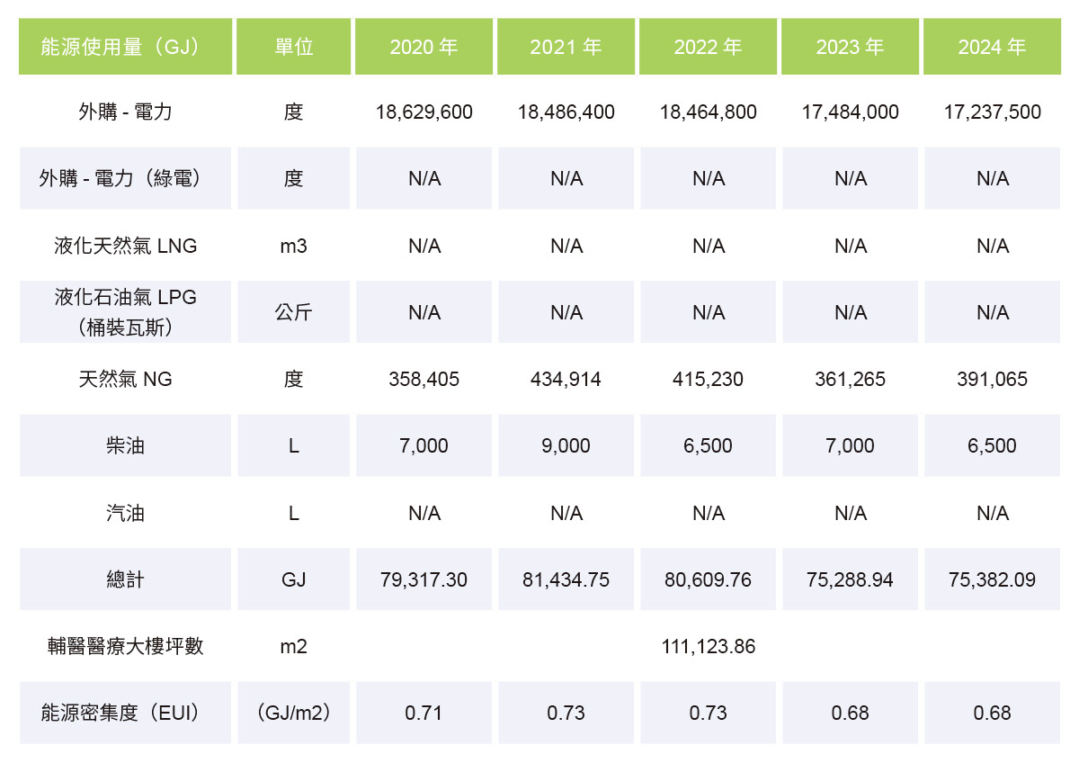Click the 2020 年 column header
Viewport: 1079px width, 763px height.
point(424,47)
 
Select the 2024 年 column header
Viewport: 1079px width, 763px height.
point(992,47)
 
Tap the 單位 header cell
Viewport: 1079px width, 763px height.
point(294,47)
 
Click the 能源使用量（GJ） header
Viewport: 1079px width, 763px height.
point(125,47)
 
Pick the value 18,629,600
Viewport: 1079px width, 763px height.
point(424,112)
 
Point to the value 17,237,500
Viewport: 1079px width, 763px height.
point(992,112)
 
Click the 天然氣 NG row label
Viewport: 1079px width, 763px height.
point(125,380)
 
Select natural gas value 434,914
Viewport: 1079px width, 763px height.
point(566,380)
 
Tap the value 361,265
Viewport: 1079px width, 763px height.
point(850,380)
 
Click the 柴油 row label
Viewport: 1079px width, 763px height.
point(125,446)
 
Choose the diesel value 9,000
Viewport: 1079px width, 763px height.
point(566,446)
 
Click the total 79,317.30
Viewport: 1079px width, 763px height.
point(424,580)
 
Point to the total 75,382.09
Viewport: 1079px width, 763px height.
point(992,580)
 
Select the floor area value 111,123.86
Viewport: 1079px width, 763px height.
point(708,647)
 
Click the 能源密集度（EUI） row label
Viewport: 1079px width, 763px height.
point(125,714)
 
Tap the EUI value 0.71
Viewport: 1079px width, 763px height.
point(424,714)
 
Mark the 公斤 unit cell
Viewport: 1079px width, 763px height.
point(294,313)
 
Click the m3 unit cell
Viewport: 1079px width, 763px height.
point(294,246)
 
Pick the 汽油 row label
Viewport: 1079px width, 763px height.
point(125,514)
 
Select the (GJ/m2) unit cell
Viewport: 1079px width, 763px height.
point(294,714)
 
